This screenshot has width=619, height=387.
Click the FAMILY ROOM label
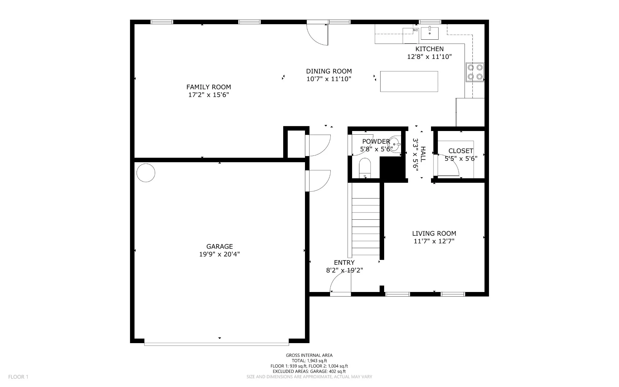209,87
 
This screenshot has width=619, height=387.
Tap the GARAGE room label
220,247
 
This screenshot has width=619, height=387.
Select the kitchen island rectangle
409,81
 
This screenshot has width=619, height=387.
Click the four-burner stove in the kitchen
475,72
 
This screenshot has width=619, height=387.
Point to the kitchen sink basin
429,33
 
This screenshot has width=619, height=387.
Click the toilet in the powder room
365,168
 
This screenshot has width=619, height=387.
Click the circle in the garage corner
146,173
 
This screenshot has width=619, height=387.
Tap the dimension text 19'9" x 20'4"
219,254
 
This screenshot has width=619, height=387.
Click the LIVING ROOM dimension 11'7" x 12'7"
434,241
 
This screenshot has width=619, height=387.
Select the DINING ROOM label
329,71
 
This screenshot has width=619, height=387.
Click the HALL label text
423,154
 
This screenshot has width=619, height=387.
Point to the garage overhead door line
216,344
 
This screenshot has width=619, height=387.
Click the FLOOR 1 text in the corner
18,377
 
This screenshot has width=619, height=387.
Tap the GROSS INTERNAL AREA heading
309,356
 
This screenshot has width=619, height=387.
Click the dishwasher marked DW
411,36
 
